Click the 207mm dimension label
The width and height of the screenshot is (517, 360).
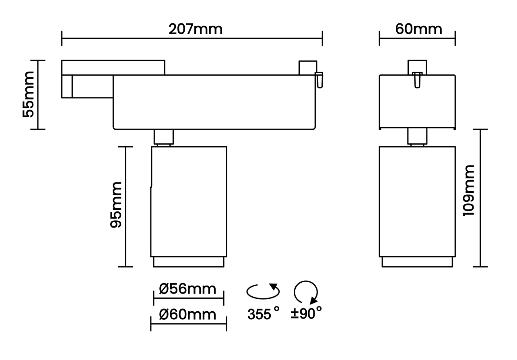pos(195,29)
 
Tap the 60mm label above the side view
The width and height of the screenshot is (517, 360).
pos(419,29)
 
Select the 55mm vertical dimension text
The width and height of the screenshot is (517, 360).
pos(29,95)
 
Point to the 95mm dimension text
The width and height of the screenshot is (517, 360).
pos(116,205)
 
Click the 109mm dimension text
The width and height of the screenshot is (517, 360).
pos(469,190)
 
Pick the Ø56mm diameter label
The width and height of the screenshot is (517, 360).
pos(187,289)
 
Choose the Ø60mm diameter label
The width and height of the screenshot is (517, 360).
pos(187,314)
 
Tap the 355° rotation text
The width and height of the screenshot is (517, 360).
pos(264,313)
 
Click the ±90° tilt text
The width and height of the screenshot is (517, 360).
pos(306,313)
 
